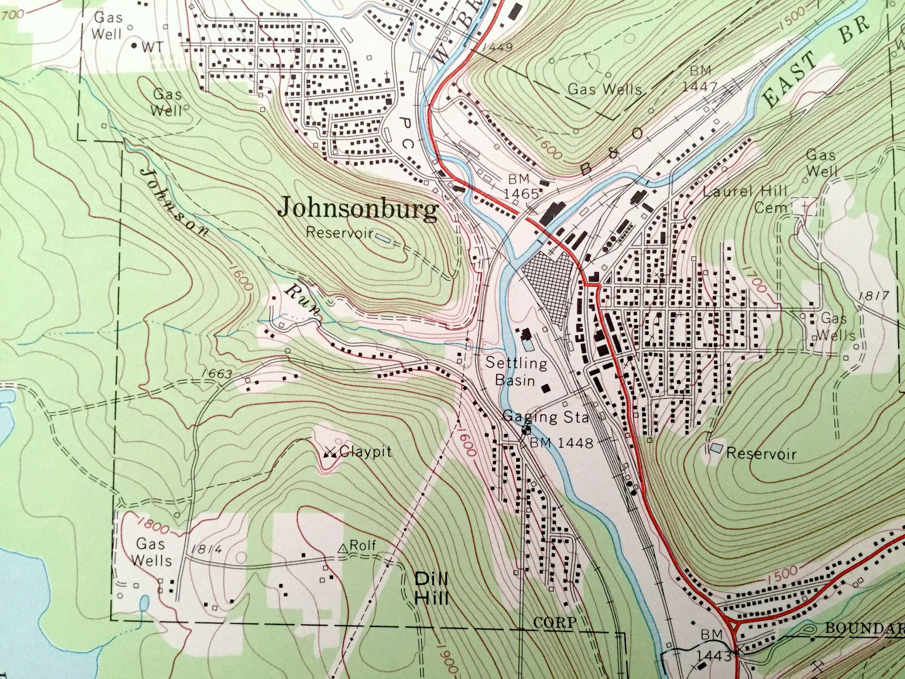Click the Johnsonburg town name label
click(x=358, y=209)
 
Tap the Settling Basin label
click(x=516, y=371)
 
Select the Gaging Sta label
click(x=546, y=417)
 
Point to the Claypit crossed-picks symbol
click(x=331, y=452)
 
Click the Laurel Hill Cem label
click(x=745, y=199)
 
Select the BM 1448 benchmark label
click(x=561, y=443)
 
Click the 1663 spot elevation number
click(x=217, y=374)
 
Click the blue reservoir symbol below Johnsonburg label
click(x=381, y=237)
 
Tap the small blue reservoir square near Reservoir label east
click(x=716, y=448)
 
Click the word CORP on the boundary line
click(x=554, y=623)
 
